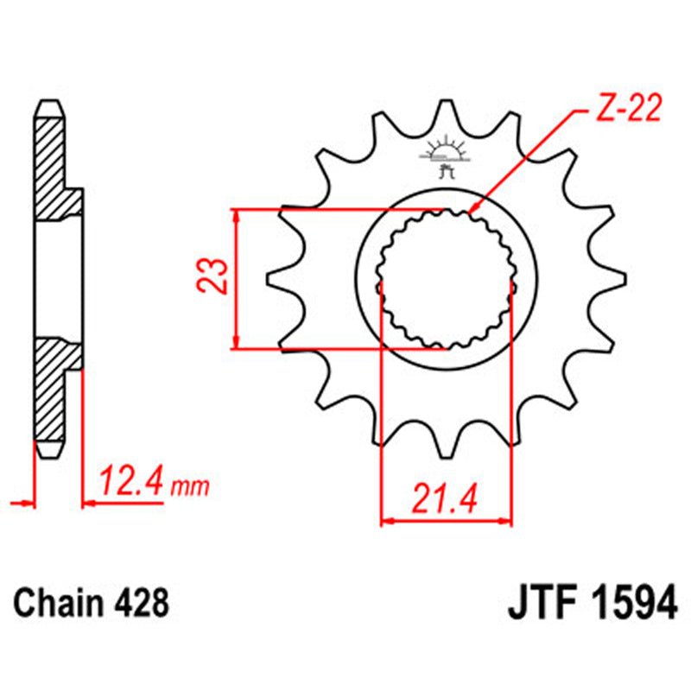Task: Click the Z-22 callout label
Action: (x=627, y=110)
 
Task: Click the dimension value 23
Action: (x=217, y=277)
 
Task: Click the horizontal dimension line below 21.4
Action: (x=447, y=521)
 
